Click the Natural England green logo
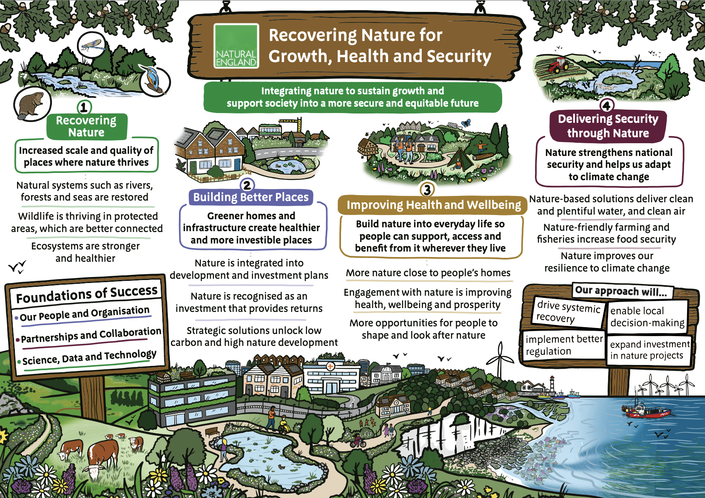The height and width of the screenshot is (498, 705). [236, 46]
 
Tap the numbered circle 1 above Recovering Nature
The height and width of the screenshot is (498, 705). [84, 107]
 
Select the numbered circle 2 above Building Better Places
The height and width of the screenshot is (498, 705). [247, 185]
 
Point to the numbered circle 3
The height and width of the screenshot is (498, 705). [427, 190]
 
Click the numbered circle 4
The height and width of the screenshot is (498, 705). [606, 105]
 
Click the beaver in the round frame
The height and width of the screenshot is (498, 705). [32, 104]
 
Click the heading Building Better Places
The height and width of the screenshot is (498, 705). [250, 197]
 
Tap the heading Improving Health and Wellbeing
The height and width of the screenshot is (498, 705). [433, 205]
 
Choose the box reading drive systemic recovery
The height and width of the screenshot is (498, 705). [568, 311]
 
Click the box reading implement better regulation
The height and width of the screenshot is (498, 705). [563, 345]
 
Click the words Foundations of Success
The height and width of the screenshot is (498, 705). [87, 294]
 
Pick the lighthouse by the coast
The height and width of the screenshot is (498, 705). [552, 385]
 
